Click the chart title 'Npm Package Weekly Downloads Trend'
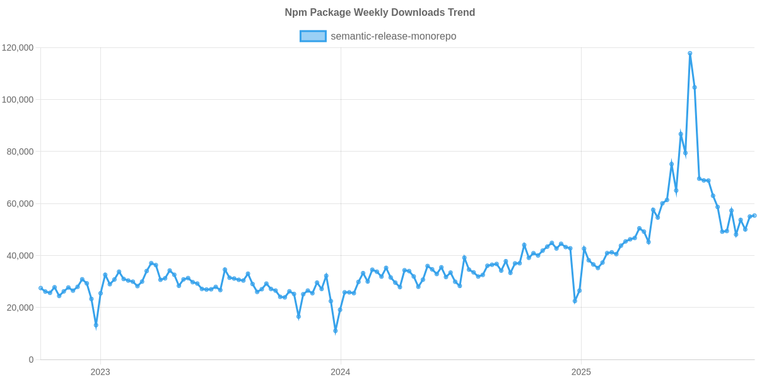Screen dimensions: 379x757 point(380,13)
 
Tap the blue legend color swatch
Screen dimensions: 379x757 point(312,37)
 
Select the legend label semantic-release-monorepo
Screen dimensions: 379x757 point(393,37)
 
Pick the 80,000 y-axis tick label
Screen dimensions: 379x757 point(20,152)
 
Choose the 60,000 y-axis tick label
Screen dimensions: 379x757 point(20,204)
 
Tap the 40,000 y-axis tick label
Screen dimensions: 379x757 point(20,256)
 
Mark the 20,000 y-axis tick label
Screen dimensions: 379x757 point(20,308)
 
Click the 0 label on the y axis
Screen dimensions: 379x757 point(31,359)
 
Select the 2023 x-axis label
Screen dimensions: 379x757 point(100,372)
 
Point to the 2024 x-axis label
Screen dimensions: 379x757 point(340,372)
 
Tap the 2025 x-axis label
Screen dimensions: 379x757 point(580,372)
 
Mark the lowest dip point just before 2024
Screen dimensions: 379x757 point(336,331)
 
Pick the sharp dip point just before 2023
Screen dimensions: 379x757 point(96,326)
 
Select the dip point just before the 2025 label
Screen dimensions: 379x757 point(575,301)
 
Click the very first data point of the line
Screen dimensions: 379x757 point(40,288)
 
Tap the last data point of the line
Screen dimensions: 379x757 point(754,215)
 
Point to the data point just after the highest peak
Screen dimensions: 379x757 point(695,88)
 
